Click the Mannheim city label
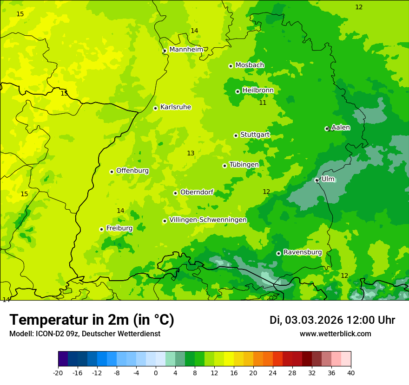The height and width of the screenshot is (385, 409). [x=186, y=49]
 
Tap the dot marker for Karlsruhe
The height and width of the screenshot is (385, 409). [x=156, y=108]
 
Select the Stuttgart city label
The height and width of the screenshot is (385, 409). [x=255, y=135]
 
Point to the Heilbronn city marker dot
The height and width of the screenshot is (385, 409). [x=237, y=91]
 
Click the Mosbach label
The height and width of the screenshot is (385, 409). [x=250, y=65]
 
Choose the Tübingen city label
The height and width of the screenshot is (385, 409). [x=244, y=165]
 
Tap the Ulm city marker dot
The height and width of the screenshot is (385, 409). [x=317, y=180]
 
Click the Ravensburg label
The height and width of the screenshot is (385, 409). [x=302, y=252]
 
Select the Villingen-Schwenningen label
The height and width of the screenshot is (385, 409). [x=208, y=220]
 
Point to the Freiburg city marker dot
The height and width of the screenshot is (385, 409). [x=101, y=229]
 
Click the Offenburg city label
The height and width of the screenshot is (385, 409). [x=132, y=171]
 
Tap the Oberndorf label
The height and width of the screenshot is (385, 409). [x=197, y=192]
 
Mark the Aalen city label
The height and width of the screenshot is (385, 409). [x=341, y=128]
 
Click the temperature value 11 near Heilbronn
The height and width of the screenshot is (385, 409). [x=263, y=103]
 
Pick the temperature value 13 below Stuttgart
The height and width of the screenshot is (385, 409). [x=191, y=153]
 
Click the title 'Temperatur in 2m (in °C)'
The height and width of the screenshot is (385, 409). [x=92, y=320]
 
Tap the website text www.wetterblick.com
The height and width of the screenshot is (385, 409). [x=335, y=334]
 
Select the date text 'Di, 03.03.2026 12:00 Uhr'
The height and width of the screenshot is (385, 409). [x=332, y=320]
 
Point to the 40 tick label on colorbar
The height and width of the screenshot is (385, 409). [x=350, y=373]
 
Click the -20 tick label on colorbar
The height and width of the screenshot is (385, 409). [x=58, y=373]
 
